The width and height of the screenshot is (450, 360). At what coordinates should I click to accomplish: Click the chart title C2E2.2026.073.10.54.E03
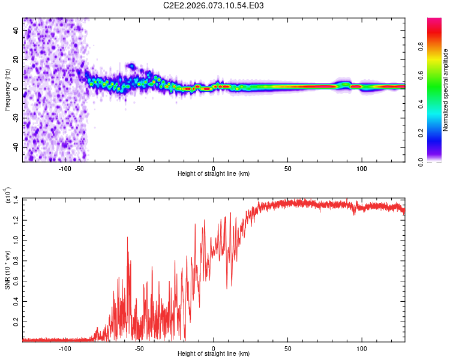pyautogui.click(x=214, y=5)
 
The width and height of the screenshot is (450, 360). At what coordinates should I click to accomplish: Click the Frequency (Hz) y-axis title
pyautogui.click(x=7, y=89)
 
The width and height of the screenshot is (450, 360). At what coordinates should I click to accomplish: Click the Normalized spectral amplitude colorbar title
pyautogui.click(x=446, y=90)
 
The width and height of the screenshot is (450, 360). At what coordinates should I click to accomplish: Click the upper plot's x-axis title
pyautogui.click(x=214, y=173)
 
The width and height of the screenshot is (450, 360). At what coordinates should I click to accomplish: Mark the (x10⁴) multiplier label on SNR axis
pyautogui.click(x=7, y=196)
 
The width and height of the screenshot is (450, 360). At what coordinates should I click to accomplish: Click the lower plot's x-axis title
pyautogui.click(x=214, y=353)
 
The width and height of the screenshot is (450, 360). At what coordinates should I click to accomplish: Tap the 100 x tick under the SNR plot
pyautogui.click(x=362, y=347)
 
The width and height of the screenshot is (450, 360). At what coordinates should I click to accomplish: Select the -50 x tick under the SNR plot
pyautogui.click(x=139, y=347)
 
